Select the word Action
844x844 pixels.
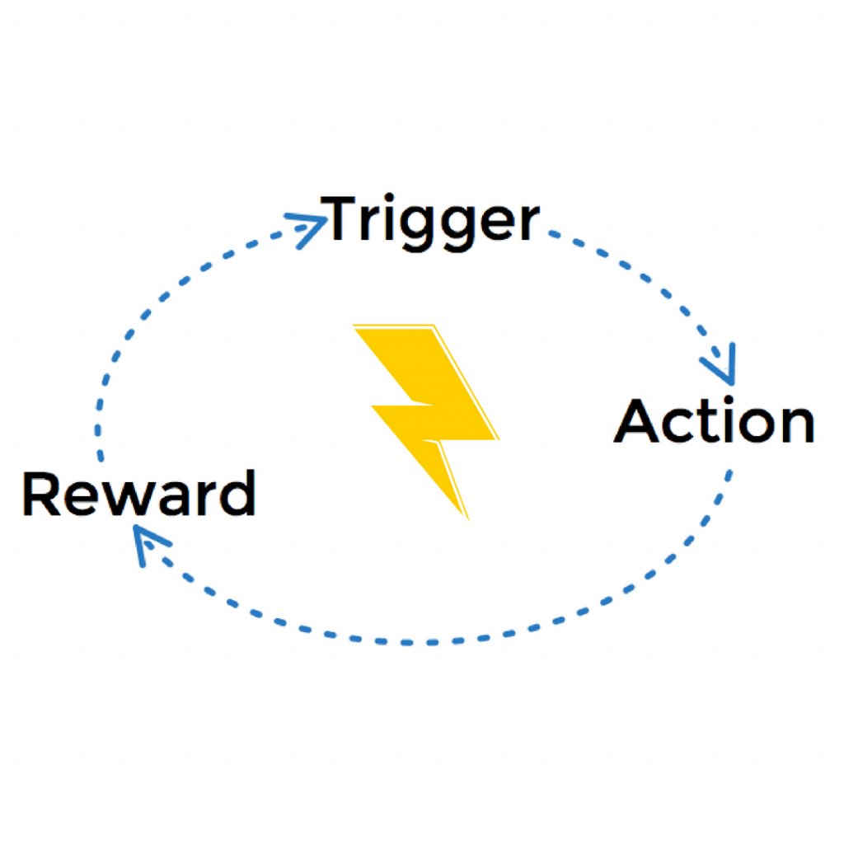[714, 421]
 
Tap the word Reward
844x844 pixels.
[138, 495]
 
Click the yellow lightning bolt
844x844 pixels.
[429, 412]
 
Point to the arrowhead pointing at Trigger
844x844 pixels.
[312, 224]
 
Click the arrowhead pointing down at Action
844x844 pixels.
[723, 368]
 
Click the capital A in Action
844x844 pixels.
[639, 421]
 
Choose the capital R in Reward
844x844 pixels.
[42, 495]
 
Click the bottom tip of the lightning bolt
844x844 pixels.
[467, 518]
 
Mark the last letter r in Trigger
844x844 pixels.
[528, 224]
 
